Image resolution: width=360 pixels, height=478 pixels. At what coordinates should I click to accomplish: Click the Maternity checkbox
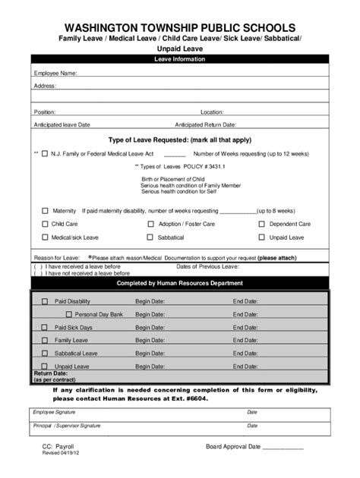click(45, 210)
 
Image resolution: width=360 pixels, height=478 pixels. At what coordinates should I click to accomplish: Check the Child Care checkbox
click(45, 224)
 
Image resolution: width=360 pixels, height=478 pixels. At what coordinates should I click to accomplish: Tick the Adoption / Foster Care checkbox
click(150, 224)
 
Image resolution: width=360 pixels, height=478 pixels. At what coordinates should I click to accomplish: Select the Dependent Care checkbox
click(262, 224)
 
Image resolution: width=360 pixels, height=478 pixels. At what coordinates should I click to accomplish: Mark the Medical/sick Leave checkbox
click(45, 237)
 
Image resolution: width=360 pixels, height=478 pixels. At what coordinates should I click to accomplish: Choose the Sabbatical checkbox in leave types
click(150, 237)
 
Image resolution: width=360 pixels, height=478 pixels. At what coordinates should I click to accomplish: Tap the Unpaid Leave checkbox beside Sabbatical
click(262, 237)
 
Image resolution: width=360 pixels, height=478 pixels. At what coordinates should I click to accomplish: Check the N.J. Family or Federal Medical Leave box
click(45, 153)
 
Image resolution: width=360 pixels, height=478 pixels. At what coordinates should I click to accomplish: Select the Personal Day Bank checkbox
click(68, 314)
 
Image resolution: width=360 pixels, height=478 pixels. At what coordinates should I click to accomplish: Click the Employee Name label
click(55, 74)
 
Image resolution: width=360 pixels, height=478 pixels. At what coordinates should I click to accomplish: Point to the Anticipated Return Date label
click(205, 124)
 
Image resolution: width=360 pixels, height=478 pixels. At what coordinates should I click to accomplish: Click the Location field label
click(212, 112)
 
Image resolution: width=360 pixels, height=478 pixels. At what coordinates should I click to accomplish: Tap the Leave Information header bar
click(179, 58)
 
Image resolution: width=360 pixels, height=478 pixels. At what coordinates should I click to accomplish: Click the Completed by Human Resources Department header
click(179, 283)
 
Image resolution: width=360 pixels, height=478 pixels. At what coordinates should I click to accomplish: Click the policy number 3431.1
click(196, 165)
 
